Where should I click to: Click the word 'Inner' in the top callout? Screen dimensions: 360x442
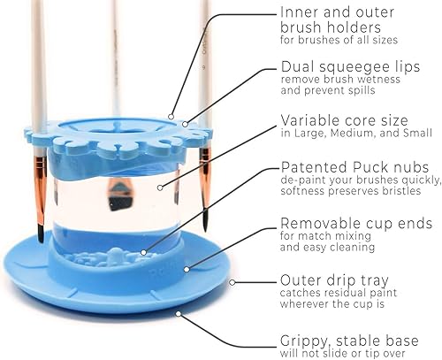(x=298, y=12)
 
